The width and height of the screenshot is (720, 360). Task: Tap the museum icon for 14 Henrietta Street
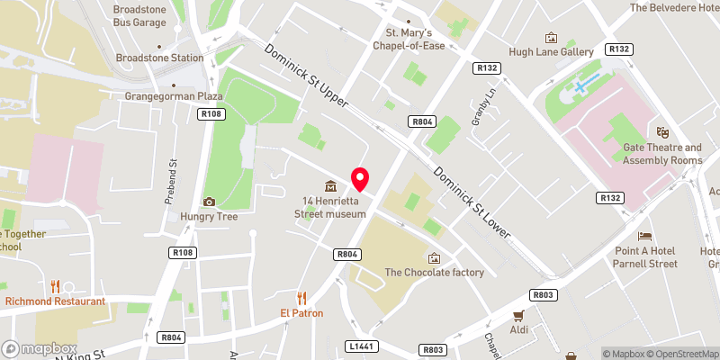click(x=331, y=186)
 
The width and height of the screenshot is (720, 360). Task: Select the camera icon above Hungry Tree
click(x=210, y=202)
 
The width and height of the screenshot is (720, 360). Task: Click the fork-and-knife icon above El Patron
click(x=301, y=298)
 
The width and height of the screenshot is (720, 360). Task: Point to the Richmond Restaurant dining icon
click(x=55, y=286)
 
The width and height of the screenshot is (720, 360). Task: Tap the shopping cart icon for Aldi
click(x=517, y=316)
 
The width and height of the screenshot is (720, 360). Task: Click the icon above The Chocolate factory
click(x=434, y=258)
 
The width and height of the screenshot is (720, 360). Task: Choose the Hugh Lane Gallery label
click(x=550, y=52)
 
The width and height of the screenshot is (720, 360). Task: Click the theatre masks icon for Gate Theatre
click(x=662, y=132)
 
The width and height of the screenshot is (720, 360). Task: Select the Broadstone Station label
click(x=159, y=58)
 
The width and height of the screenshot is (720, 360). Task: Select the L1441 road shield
click(x=359, y=346)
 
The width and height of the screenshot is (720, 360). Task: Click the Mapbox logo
click(x=39, y=348)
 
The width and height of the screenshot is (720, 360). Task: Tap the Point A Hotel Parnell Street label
click(x=644, y=256)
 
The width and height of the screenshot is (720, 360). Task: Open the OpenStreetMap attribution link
click(x=680, y=354)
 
